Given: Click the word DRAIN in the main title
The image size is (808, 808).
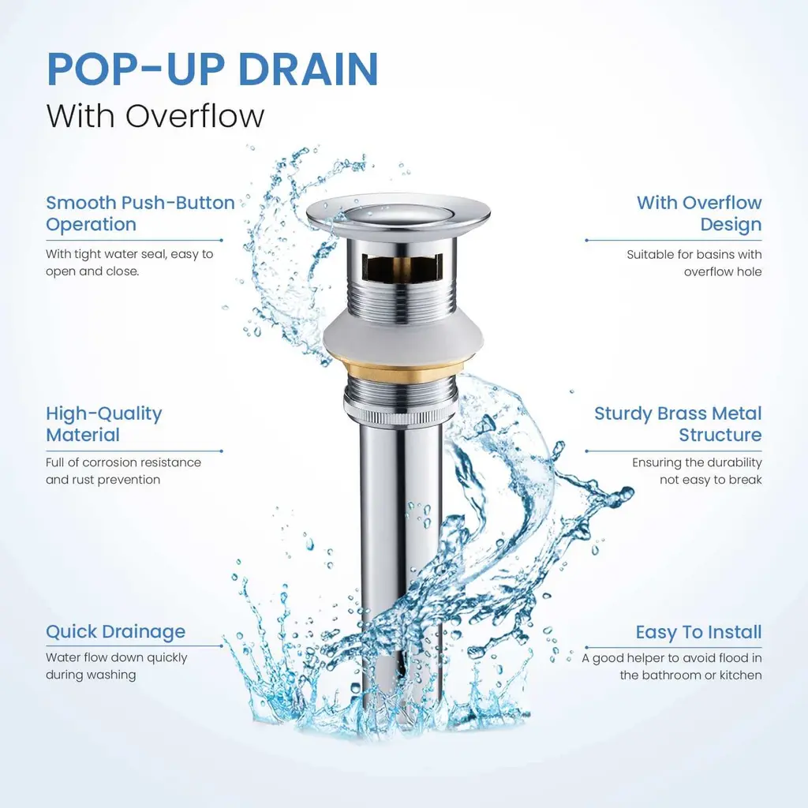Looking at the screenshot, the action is (309, 69).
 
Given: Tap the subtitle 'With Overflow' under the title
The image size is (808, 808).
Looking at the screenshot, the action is (155, 116).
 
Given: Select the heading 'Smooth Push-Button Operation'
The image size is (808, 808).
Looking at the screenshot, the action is (140, 213).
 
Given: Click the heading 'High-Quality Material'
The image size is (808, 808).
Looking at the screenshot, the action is (103, 424).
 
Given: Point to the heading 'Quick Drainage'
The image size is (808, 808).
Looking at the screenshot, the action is (115, 632).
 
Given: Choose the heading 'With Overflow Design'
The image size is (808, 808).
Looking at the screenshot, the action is (699, 213).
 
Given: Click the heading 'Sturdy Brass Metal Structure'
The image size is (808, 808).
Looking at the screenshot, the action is (678, 424).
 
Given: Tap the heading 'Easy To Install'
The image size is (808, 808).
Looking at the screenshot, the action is (698, 632).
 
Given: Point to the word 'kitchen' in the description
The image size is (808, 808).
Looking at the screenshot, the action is (741, 675).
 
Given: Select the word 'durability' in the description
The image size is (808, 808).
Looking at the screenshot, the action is (737, 462).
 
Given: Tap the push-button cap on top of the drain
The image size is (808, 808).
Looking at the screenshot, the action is (398, 214).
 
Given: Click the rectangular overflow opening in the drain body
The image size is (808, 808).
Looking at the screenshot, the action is (402, 267).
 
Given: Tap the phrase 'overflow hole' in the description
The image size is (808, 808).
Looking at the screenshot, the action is (723, 272).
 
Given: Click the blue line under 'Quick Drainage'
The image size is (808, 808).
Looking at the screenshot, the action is (134, 645).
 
